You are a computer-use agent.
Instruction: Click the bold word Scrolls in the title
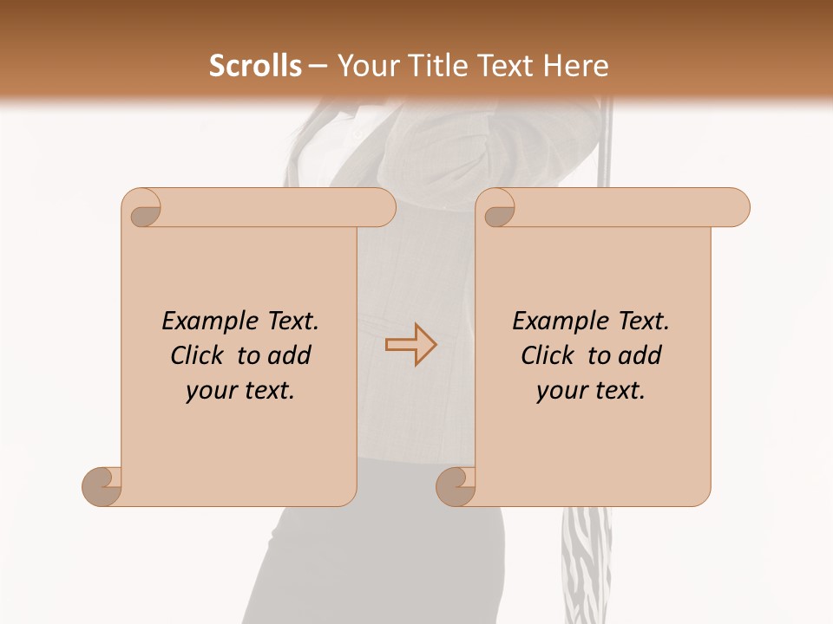pos(255,66)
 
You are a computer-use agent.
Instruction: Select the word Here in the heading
pos(575,66)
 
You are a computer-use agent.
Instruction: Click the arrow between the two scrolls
pos(410,344)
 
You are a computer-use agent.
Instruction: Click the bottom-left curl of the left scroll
pos(102,486)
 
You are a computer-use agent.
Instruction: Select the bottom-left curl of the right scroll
pos(456,486)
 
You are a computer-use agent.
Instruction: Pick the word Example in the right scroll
pos(559,322)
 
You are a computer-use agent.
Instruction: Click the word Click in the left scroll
pos(199,355)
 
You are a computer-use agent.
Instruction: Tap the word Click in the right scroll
pos(549,355)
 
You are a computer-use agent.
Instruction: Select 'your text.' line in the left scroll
pos(240,391)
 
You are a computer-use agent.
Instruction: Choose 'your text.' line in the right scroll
pos(591,391)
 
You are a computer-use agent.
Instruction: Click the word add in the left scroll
pos(290,355)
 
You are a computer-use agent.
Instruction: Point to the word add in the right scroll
pos(640,355)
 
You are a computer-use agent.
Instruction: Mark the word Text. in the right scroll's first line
pos(644,322)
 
